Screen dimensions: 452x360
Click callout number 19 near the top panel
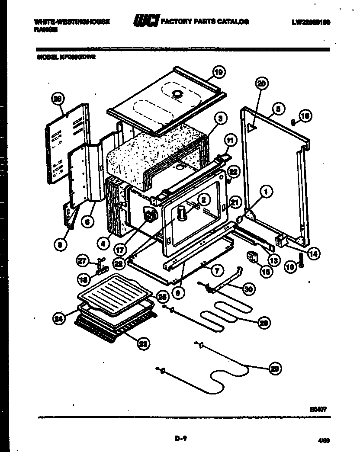(219, 73)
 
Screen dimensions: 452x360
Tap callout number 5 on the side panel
(278, 109)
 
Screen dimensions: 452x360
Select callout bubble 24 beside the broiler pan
(59, 319)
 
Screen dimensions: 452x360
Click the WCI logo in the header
(146, 21)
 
